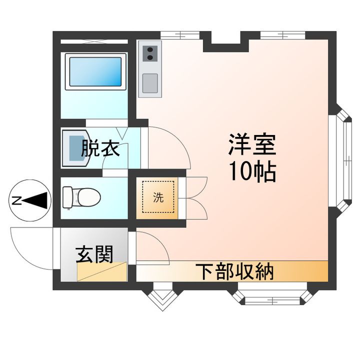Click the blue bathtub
94,72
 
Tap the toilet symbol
82,197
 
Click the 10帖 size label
252,172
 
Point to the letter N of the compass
16,201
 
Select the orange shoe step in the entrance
102,273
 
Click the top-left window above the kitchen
178,34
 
